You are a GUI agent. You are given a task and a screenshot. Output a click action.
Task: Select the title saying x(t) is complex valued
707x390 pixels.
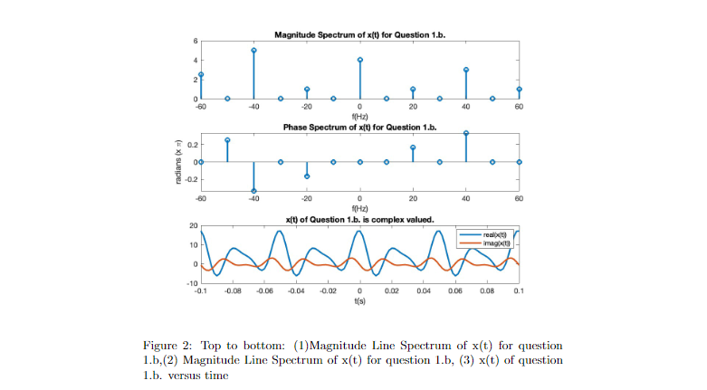tap(360, 219)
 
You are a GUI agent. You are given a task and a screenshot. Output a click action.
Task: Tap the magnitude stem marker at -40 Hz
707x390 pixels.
tap(253, 51)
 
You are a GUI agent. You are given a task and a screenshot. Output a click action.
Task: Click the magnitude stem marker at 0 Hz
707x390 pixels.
tap(360, 60)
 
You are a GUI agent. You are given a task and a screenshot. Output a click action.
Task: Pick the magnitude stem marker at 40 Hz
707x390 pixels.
tap(466, 70)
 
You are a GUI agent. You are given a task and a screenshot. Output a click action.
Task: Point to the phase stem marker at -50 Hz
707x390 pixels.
tap(227, 140)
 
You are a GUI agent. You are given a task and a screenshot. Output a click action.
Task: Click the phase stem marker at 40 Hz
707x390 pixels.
tap(466, 133)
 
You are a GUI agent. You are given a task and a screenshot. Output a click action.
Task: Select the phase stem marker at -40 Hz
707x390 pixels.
tap(253, 191)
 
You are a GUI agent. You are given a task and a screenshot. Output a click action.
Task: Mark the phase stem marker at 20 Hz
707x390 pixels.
tap(413, 147)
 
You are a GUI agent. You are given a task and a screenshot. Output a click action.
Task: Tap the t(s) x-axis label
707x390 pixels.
tap(360, 300)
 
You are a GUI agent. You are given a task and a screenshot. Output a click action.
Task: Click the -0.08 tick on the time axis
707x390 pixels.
tap(233, 291)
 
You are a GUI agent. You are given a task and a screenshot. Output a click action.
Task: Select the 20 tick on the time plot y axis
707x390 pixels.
tap(192, 225)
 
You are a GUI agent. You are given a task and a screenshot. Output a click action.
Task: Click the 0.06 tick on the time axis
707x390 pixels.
tap(455, 291)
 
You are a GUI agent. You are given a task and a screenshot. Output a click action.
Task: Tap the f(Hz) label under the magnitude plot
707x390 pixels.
tap(360, 115)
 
